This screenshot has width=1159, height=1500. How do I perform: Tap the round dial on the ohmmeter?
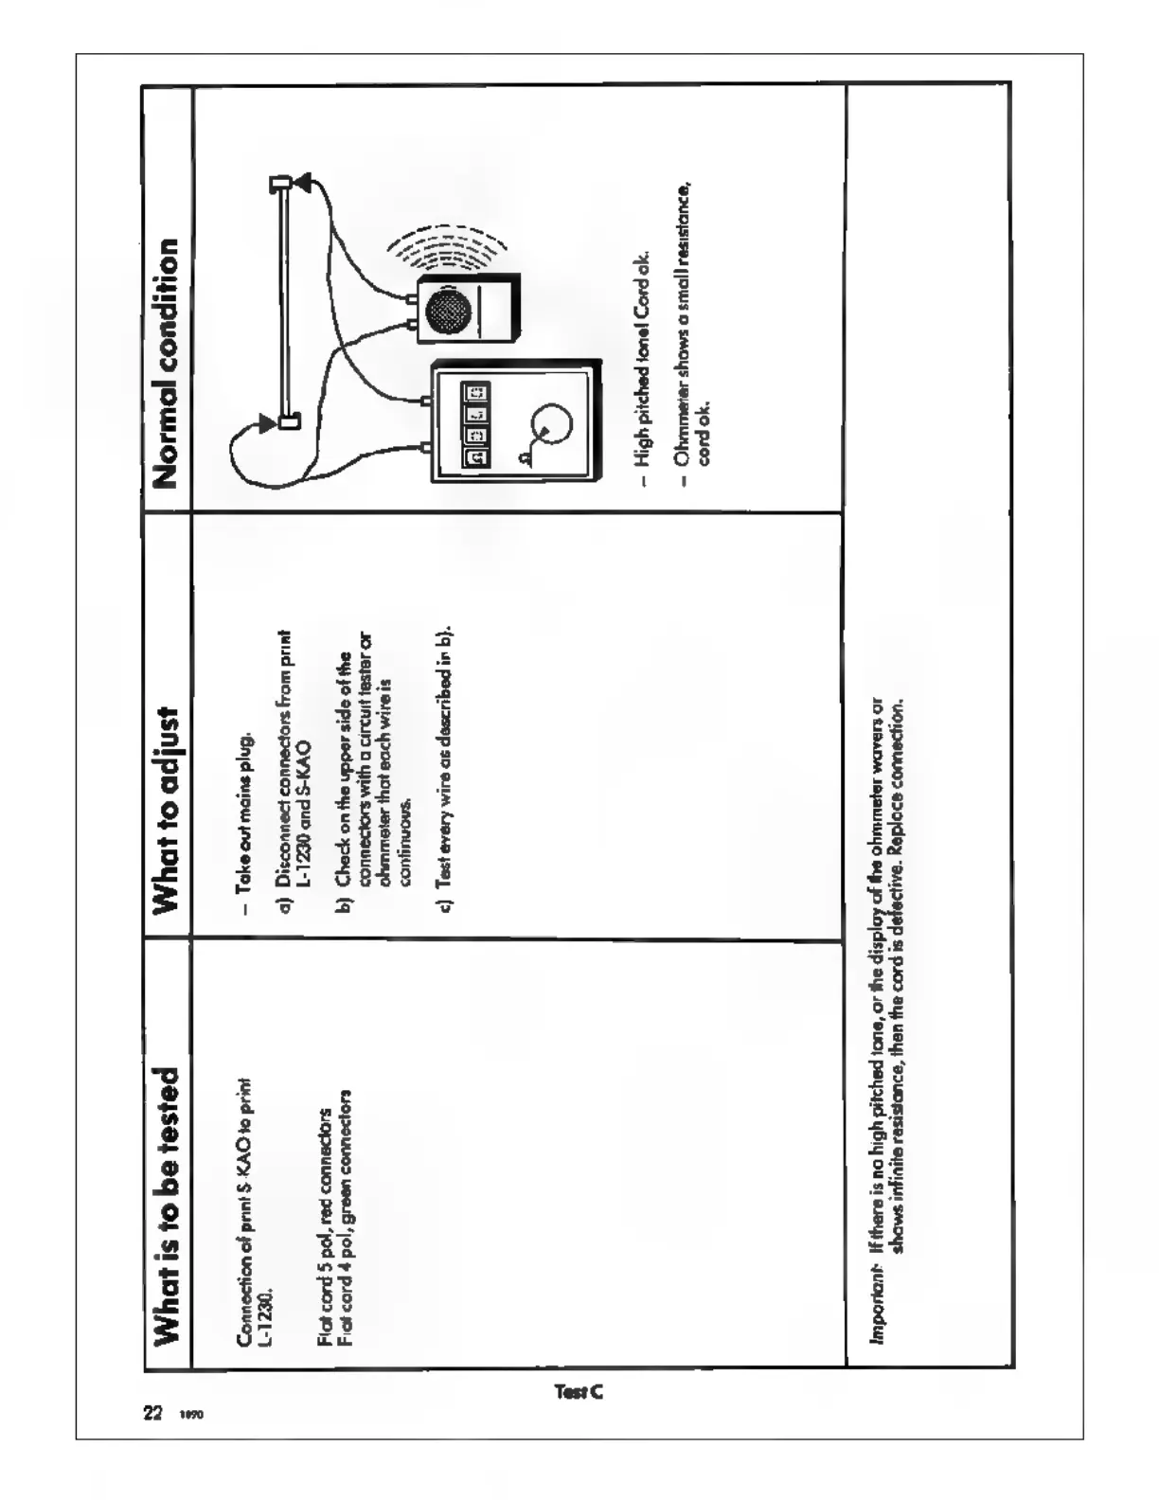tap(547, 429)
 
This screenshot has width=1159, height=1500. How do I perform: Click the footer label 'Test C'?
tap(578, 1392)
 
